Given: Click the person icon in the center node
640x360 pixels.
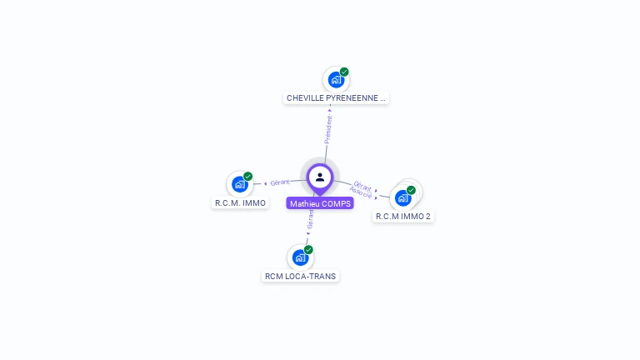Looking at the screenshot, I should pyautogui.click(x=320, y=177).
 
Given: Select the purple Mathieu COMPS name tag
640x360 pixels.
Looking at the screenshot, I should pyautogui.click(x=320, y=203).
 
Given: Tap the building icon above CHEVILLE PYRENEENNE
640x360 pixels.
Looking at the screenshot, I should pyautogui.click(x=336, y=80).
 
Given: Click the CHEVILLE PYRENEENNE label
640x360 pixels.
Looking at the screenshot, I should pyautogui.click(x=336, y=98).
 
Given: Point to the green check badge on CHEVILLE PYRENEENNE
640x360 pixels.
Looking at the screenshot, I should pyautogui.click(x=344, y=72).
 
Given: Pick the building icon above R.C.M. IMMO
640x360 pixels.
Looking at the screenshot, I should pyautogui.click(x=240, y=184).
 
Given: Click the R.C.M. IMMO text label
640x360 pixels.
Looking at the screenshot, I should pyautogui.click(x=240, y=202).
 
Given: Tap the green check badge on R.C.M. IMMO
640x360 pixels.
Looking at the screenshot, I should pyautogui.click(x=248, y=176).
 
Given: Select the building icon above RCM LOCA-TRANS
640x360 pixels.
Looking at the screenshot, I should pyautogui.click(x=300, y=257).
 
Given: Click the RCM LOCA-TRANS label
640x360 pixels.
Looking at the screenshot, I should pyautogui.click(x=301, y=276).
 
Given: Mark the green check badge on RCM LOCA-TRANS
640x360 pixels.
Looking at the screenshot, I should pyautogui.click(x=308, y=249).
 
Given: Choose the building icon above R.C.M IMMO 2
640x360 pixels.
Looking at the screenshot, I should pyautogui.click(x=403, y=197).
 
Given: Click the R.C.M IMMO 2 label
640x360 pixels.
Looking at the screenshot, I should pyautogui.click(x=403, y=217).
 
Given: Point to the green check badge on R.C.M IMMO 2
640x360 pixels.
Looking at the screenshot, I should pyautogui.click(x=411, y=190).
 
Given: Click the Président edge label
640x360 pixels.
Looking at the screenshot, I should pyautogui.click(x=327, y=129).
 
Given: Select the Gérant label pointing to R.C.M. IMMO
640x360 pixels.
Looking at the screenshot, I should pyautogui.click(x=280, y=182).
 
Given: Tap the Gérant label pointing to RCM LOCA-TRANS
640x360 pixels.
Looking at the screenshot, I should pyautogui.click(x=310, y=220).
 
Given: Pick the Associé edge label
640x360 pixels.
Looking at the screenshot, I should pyautogui.click(x=360, y=193).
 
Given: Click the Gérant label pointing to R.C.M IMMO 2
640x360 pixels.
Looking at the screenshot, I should pyautogui.click(x=362, y=186).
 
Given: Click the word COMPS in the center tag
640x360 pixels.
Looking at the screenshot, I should pyautogui.click(x=337, y=203).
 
